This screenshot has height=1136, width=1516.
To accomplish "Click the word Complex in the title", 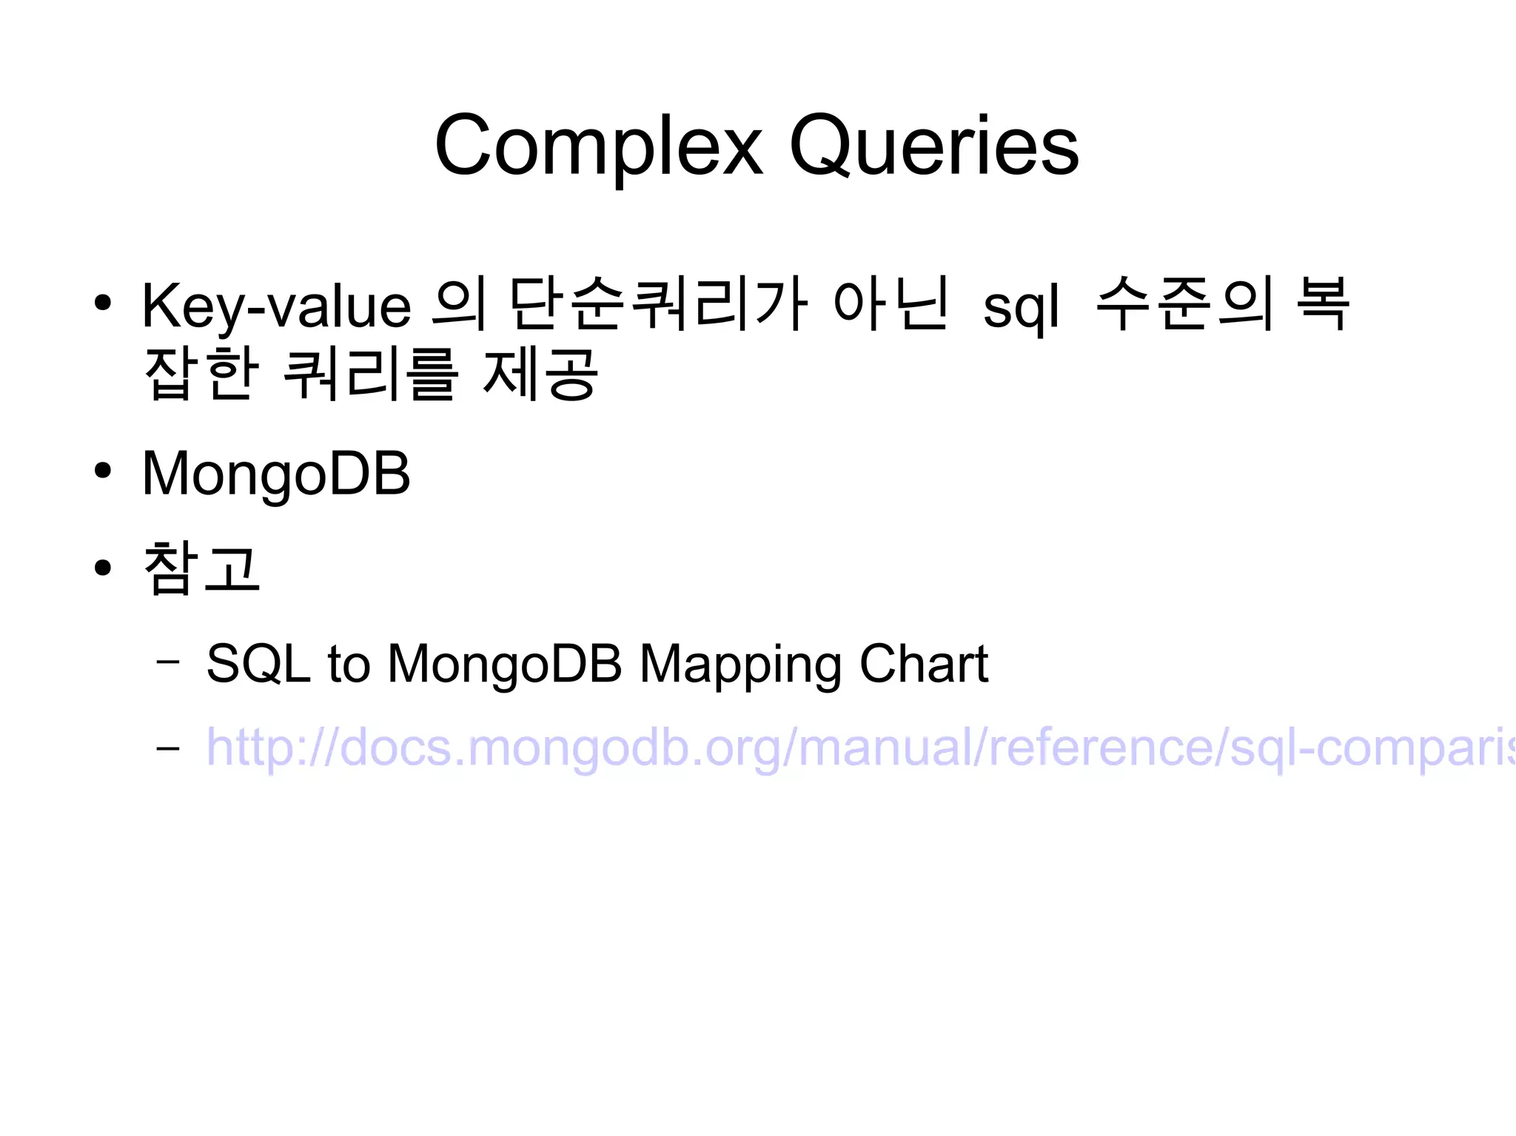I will [x=598, y=146].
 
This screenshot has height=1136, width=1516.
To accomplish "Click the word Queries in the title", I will [x=934, y=146].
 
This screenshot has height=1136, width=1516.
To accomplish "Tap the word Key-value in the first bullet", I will [x=276, y=306].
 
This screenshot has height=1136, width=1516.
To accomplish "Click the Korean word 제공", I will [x=540, y=374].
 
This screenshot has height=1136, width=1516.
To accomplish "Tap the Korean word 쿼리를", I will [x=370, y=374].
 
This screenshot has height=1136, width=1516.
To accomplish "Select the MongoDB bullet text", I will [x=276, y=474].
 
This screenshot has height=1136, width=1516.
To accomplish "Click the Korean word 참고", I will [x=201, y=568].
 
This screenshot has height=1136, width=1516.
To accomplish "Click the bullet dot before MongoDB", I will [x=103, y=471].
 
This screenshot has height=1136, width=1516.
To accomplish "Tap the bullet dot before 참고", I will [x=103, y=568].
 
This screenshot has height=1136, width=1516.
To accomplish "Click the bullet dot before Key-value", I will [x=103, y=303].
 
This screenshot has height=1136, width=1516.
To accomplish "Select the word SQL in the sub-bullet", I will [x=258, y=663].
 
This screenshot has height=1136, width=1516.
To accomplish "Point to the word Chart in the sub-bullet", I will [x=923, y=663].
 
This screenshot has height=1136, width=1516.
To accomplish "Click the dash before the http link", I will [x=168, y=748].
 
